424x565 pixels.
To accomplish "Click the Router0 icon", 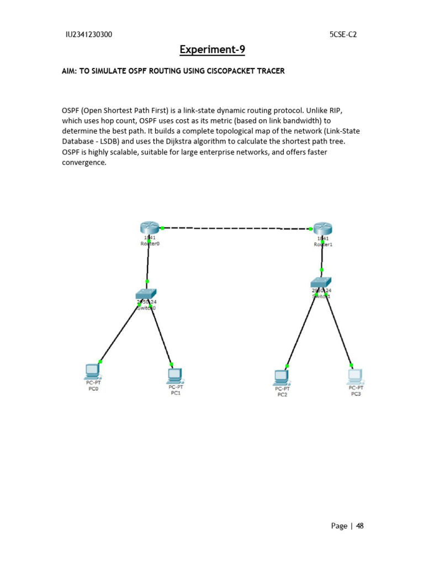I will [x=149, y=227].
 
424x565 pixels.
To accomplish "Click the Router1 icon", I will [x=321, y=228].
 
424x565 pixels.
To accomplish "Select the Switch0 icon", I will [x=146, y=294].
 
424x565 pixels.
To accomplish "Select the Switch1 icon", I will [x=321, y=282].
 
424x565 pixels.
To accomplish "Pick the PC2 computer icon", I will [x=282, y=377].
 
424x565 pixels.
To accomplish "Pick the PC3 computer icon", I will [x=356, y=376].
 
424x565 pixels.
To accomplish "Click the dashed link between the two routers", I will [x=235, y=228].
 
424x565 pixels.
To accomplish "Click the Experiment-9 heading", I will [x=212, y=50].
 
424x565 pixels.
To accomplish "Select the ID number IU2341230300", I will [x=89, y=34].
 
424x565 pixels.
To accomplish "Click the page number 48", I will [x=359, y=526].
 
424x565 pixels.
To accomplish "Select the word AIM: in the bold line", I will [x=70, y=71].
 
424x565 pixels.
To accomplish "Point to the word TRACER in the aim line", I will [x=270, y=71].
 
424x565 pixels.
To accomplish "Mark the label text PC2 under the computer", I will [x=282, y=395].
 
